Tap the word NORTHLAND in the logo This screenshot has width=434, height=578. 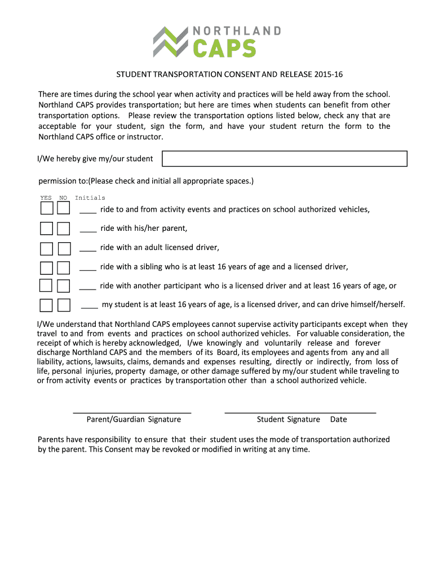[237, 30]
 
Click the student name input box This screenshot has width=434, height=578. [284, 159]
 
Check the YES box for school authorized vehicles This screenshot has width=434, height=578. [47, 209]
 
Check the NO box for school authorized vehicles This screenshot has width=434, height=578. [64, 209]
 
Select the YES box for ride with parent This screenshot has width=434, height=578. [47, 229]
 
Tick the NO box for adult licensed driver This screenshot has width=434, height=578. [64, 248]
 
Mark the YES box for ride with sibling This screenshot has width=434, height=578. [47, 268]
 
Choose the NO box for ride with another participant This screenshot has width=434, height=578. [64, 286]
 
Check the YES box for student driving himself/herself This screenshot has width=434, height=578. [47, 305]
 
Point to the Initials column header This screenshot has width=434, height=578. [90, 198]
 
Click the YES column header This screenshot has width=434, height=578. [46, 198]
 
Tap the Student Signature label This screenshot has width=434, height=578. [288, 419]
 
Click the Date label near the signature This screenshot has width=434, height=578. [338, 419]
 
